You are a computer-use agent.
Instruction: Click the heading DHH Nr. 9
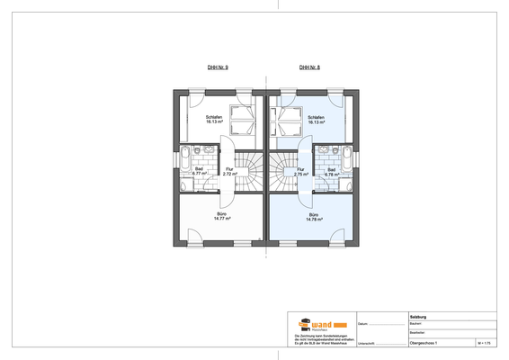[218, 67]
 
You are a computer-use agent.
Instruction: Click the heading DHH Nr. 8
[309, 67]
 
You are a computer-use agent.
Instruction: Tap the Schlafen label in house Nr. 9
[214, 121]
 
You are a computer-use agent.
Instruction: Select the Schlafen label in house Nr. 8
[316, 121]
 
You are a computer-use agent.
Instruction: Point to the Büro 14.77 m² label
[222, 216]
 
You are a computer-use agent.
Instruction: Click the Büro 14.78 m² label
[314, 216]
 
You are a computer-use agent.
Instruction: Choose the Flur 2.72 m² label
[229, 171]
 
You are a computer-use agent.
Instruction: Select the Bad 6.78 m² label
[331, 171]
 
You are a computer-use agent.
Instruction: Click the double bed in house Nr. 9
[242, 120]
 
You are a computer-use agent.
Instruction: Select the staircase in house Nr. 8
[279, 172]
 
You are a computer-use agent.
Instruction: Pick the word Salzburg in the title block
[419, 316]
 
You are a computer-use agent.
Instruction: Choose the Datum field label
[362, 324]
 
